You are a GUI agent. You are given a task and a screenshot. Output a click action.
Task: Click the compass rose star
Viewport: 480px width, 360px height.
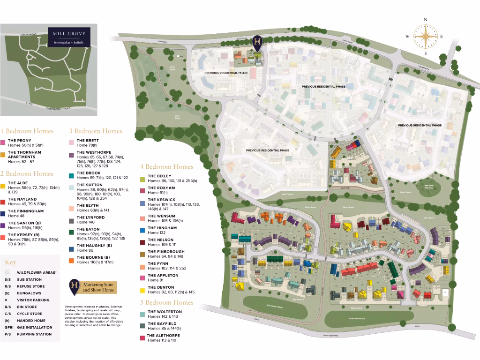[x=425, y=37]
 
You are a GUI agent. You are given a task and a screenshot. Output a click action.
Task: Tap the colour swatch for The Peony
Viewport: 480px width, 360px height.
[x=3, y=142]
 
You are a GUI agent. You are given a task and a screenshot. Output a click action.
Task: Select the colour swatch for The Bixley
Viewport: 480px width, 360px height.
[x=142, y=179]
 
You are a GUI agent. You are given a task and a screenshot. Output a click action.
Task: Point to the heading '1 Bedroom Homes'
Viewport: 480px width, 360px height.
[x=27, y=131]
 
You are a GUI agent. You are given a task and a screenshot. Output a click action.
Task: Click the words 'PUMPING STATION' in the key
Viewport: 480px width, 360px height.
[x=34, y=335]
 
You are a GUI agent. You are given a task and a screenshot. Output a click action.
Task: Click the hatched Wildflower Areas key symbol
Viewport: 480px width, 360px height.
[x=7, y=272]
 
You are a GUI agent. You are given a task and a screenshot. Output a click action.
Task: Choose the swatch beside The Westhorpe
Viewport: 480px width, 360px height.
[x=71, y=155]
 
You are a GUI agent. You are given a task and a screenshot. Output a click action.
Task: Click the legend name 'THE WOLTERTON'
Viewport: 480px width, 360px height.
[x=165, y=312]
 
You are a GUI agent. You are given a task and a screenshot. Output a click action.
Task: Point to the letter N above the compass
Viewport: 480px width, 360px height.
[x=425, y=19]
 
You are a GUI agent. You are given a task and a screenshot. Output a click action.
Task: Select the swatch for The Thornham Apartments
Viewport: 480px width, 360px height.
[x=3, y=155]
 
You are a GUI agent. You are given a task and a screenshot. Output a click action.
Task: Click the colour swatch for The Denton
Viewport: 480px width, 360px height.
[x=142, y=290]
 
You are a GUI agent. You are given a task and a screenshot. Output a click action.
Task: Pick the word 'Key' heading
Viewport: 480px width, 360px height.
[x=10, y=262]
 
